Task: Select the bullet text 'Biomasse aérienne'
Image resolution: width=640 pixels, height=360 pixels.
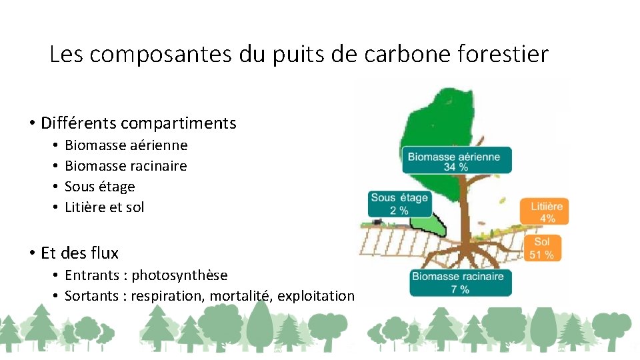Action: [126, 145]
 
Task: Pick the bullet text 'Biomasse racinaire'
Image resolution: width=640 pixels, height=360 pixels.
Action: [125, 166]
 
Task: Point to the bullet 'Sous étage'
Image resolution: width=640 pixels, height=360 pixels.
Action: [99, 187]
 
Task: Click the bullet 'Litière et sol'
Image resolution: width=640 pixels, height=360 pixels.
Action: [104, 207]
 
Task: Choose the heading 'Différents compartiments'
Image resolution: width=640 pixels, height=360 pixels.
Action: [138, 123]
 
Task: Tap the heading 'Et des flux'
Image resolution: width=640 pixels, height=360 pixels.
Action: [79, 253]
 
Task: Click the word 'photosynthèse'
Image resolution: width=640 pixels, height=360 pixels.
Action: [179, 275]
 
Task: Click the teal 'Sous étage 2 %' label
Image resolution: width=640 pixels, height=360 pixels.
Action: [399, 203]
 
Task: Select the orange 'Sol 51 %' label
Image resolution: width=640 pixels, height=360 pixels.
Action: [542, 248]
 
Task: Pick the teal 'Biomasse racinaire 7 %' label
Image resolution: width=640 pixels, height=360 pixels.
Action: [461, 283]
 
